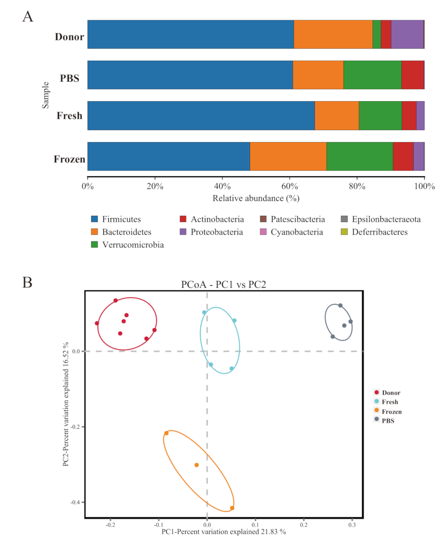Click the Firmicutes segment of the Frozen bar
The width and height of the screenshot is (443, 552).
tap(169, 156)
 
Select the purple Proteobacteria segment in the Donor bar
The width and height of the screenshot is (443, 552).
tap(407, 34)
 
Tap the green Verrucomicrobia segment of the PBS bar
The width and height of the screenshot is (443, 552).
tap(372, 75)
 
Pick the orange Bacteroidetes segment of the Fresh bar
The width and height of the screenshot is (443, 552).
tap(337, 115)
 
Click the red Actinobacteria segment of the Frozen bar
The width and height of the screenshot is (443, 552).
tap(403, 156)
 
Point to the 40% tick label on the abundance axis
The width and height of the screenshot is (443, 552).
tap(222, 186)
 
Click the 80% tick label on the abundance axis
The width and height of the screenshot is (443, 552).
tap(357, 186)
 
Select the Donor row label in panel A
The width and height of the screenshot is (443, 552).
tap(69, 36)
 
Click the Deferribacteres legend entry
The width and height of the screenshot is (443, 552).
tap(379, 232)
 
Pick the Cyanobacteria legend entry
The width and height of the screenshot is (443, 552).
tap(297, 232)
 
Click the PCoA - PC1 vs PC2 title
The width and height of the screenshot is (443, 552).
tap(224, 285)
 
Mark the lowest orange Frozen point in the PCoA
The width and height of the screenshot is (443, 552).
tap(232, 508)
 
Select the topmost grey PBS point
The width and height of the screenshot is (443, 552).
tap(340, 305)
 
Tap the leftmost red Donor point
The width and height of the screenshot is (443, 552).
tap(97, 323)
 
